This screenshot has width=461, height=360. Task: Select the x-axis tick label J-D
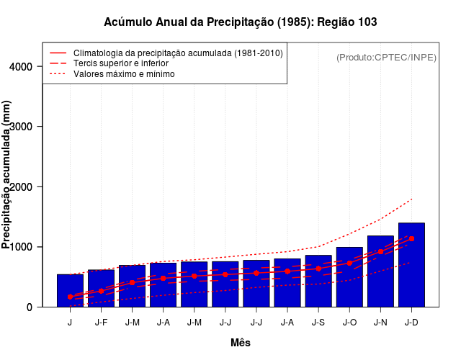411,323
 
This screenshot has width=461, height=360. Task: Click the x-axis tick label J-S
318,323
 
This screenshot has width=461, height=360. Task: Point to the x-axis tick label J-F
101,323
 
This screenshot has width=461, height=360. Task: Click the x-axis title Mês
241,343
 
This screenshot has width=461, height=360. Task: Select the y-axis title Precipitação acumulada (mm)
7,175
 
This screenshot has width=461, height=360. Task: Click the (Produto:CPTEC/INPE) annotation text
386,57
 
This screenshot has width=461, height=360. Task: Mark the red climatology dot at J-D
411,238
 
